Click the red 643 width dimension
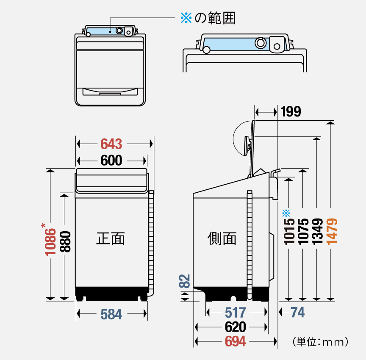coord(111,144)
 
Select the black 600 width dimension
coord(111,161)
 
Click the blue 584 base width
coord(111,314)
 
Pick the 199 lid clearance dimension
coord(291,112)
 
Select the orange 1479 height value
coord(332,230)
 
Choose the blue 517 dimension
coord(236,313)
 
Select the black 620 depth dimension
coord(236,327)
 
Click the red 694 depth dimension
coord(236,341)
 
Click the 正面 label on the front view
coord(111,238)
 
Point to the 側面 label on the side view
coord(222,238)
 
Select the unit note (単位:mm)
coord(320,341)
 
